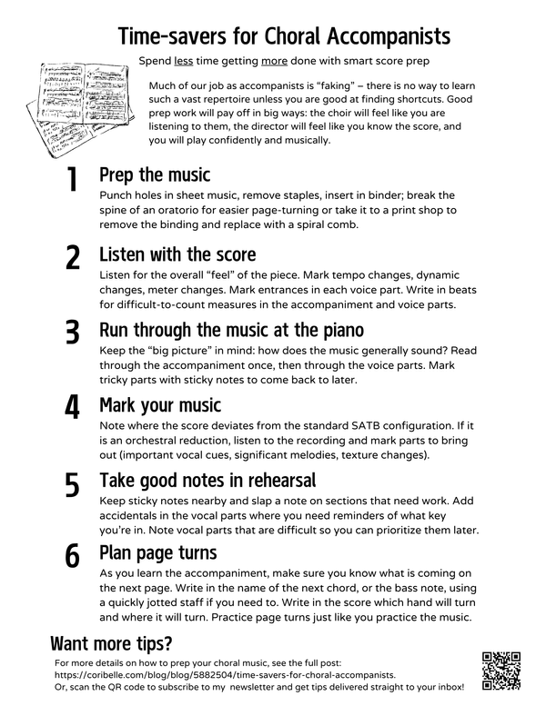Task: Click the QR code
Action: (x=500, y=671)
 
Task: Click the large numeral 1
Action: (x=72, y=179)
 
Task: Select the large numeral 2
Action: (x=72, y=257)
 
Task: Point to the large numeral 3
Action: (x=72, y=333)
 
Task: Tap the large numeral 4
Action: (x=72, y=406)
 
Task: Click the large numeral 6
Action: (x=72, y=555)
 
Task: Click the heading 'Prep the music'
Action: (x=155, y=174)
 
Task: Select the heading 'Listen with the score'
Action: (x=177, y=254)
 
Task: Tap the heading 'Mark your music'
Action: (x=160, y=405)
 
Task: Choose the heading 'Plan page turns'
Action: (x=157, y=553)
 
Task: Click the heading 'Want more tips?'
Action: (x=111, y=643)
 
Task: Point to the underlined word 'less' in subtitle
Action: (x=184, y=61)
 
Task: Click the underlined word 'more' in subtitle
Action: (x=274, y=61)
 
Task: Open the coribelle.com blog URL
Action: (x=225, y=675)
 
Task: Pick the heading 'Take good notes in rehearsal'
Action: (x=207, y=481)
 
